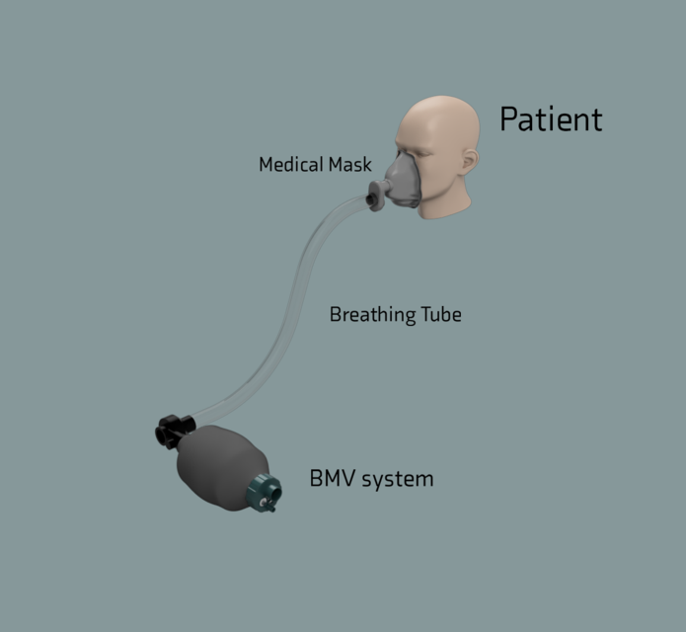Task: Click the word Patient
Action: [550, 119]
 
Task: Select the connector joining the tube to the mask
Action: [376, 197]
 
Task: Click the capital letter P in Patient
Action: [509, 119]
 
